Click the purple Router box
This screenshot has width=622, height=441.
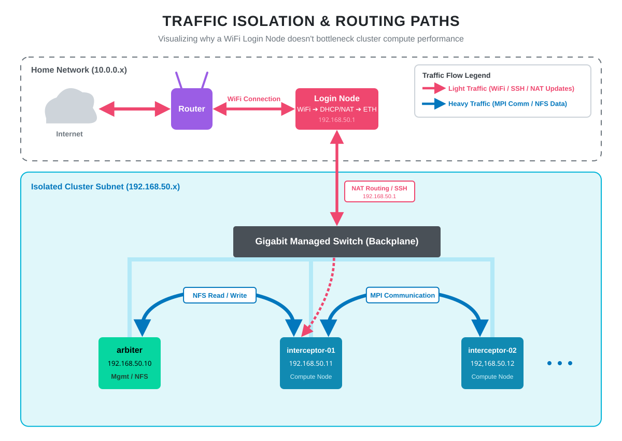[x=191, y=109]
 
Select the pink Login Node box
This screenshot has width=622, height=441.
[x=336, y=109]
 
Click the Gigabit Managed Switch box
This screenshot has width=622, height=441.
[x=336, y=241]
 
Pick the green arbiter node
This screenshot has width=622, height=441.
[x=129, y=363]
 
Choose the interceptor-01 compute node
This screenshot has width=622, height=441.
[x=310, y=363]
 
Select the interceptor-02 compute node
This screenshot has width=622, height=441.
[x=492, y=363]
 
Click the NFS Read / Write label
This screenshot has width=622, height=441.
[x=220, y=295]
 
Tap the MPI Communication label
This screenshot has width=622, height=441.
[x=402, y=295]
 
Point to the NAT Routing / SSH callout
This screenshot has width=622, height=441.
[x=379, y=191]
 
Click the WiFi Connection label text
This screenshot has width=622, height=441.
[x=253, y=99]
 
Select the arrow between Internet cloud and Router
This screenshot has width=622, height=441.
[x=134, y=109]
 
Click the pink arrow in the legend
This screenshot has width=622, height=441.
[x=434, y=88]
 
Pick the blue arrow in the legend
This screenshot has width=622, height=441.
[x=434, y=104]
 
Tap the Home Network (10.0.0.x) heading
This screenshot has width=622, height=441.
[x=79, y=70]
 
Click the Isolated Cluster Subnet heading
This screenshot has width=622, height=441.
[x=105, y=187]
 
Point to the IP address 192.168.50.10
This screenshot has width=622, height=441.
[x=129, y=363]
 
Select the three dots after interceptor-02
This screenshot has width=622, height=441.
[x=559, y=363]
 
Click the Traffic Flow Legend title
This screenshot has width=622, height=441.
[x=456, y=75]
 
